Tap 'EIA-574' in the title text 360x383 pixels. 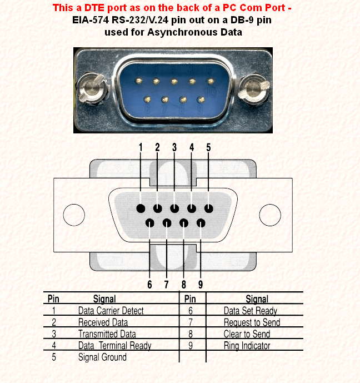(92, 20)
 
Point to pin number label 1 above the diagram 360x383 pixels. (141, 147)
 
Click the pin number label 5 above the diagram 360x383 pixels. (208, 147)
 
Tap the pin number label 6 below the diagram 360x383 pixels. (149, 285)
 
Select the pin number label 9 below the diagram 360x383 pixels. (201, 285)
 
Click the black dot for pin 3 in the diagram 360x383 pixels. (174, 209)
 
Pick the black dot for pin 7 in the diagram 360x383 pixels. (167, 223)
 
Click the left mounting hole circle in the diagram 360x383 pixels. (74, 215)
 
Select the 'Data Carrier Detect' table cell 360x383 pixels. (111, 311)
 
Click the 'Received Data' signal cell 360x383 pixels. (103, 322)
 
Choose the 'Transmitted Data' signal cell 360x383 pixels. (107, 334)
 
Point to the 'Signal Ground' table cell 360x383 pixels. (102, 357)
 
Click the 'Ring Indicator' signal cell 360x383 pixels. (247, 346)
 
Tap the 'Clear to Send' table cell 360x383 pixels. (247, 334)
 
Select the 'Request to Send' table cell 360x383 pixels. (252, 322)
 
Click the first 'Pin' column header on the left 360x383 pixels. (53, 299)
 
